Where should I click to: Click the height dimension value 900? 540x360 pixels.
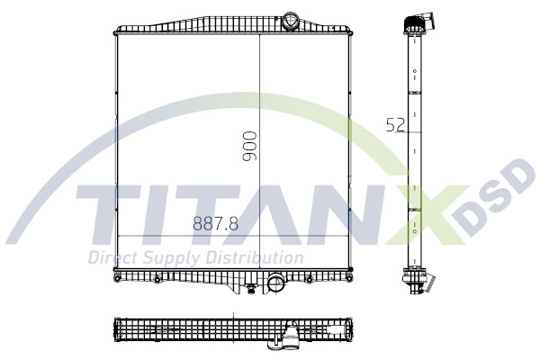(x=250, y=146)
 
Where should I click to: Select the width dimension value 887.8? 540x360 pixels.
(x=215, y=225)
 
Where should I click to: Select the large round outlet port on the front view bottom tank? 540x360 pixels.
(x=275, y=284)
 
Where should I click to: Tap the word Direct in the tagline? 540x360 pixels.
(x=112, y=257)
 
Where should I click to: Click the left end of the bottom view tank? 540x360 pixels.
(x=115, y=331)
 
